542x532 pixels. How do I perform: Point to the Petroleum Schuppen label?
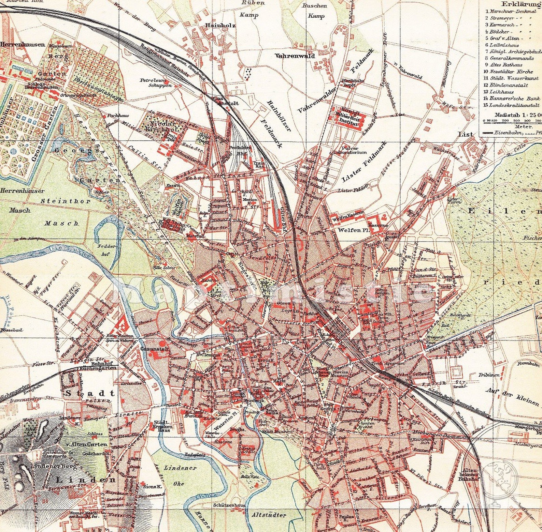click(x=155, y=83)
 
